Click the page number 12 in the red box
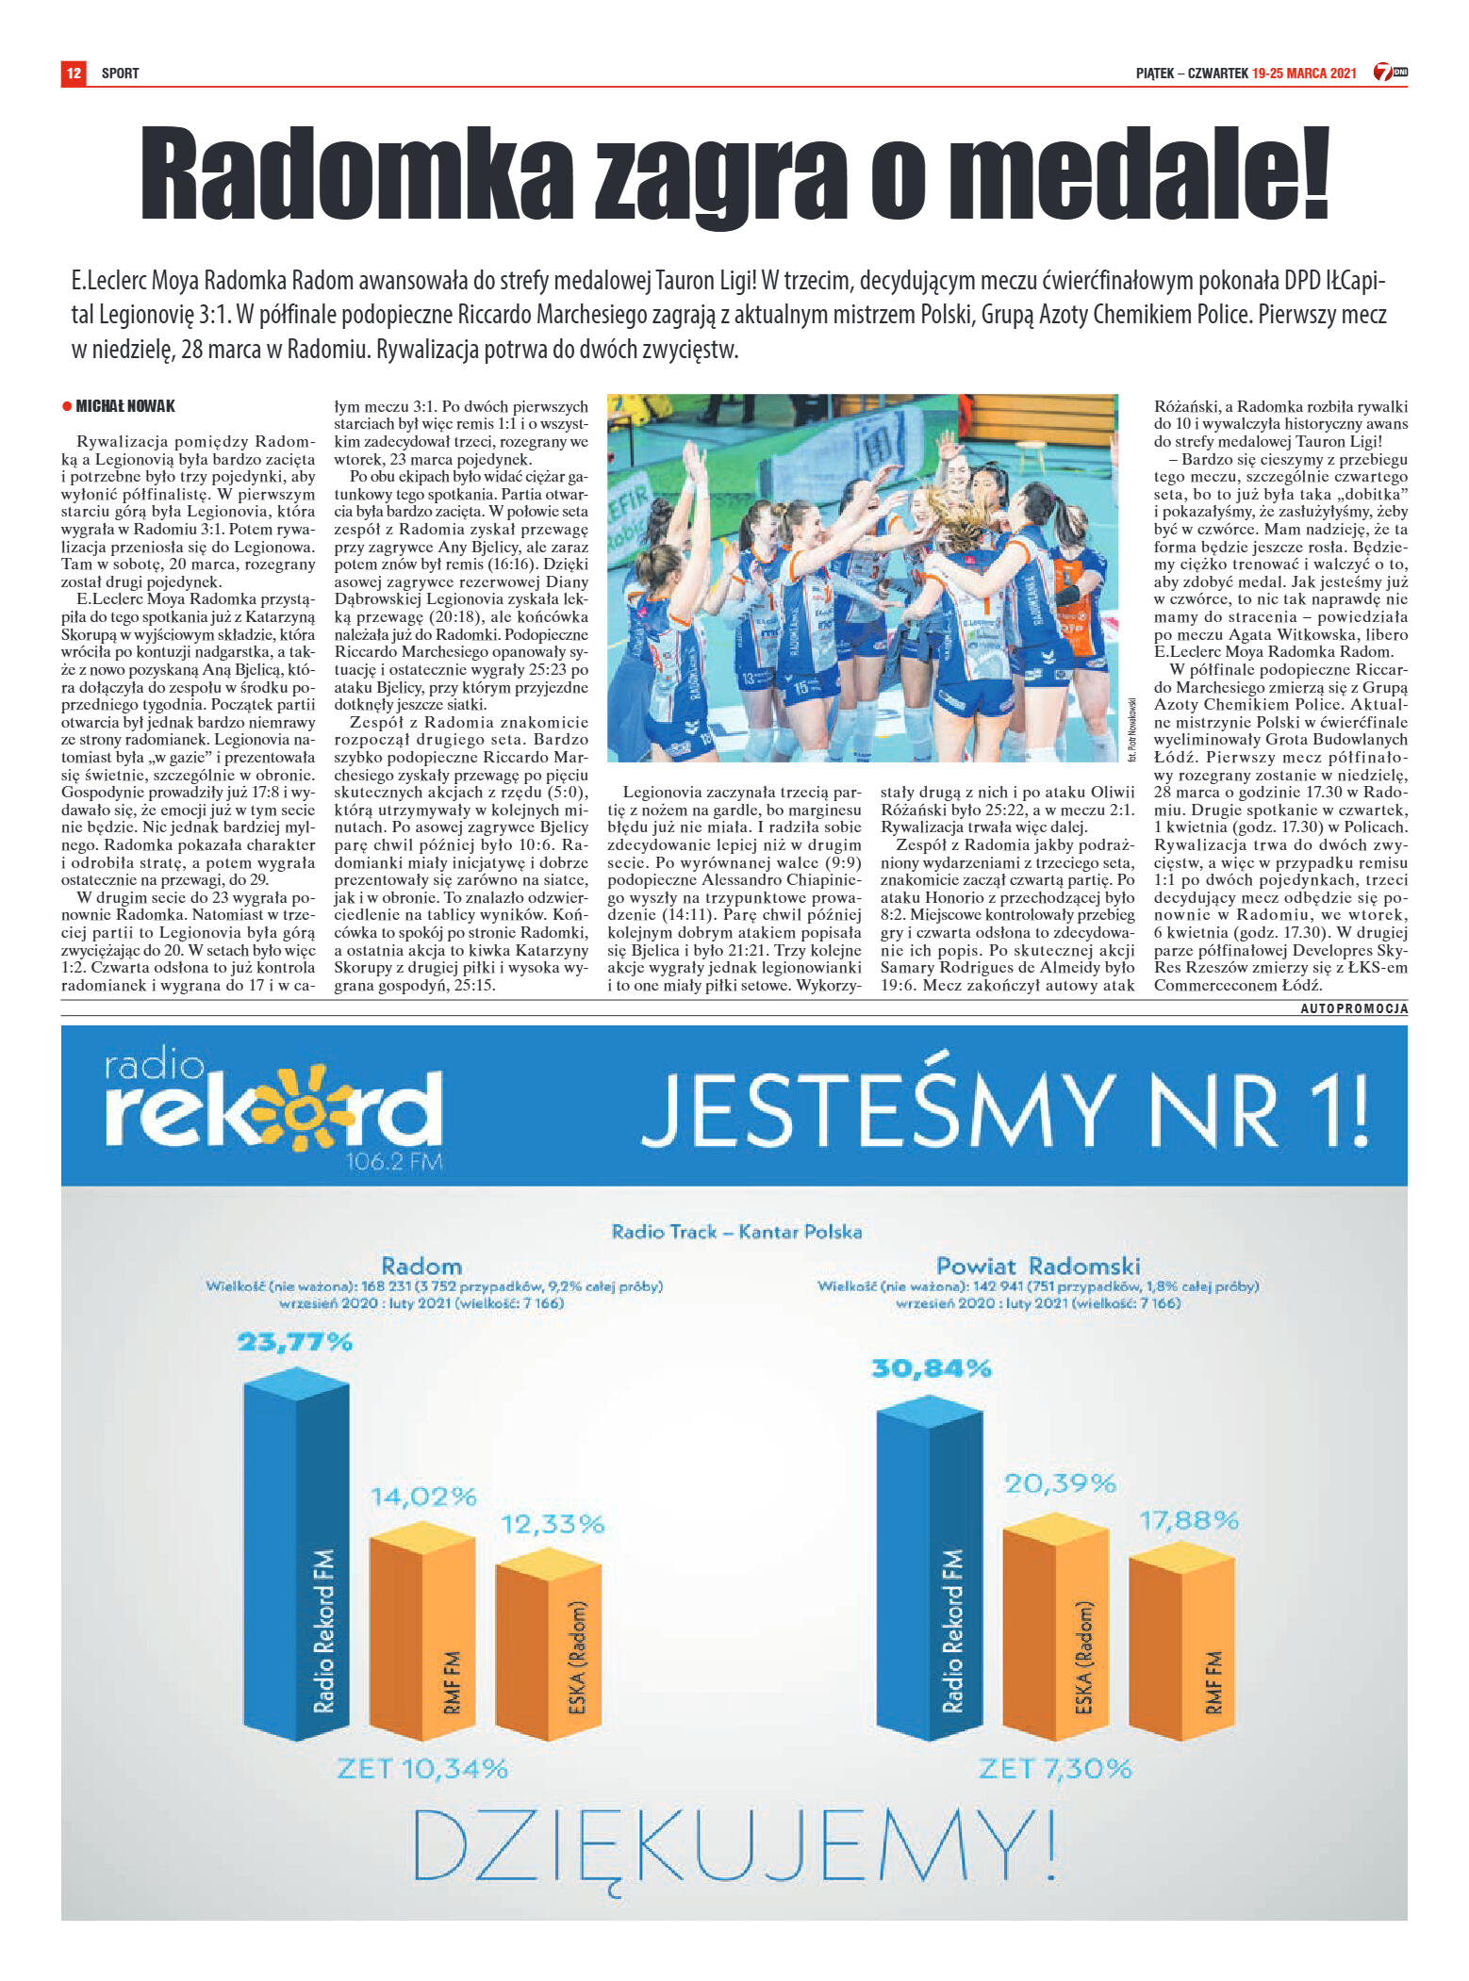coord(74,73)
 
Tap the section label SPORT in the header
coord(120,74)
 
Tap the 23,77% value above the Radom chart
coord(295,1341)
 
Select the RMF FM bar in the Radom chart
coord(421,1640)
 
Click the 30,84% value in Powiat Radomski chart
coord(931,1367)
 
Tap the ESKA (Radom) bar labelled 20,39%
coord(1055,1634)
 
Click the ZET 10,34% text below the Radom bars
coord(421,1768)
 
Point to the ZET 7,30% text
coord(1055,1768)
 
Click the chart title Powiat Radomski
coord(1038,1265)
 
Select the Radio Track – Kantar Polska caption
coord(736,1231)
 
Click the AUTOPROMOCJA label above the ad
coord(1354,1008)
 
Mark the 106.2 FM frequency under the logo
coord(394,1161)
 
